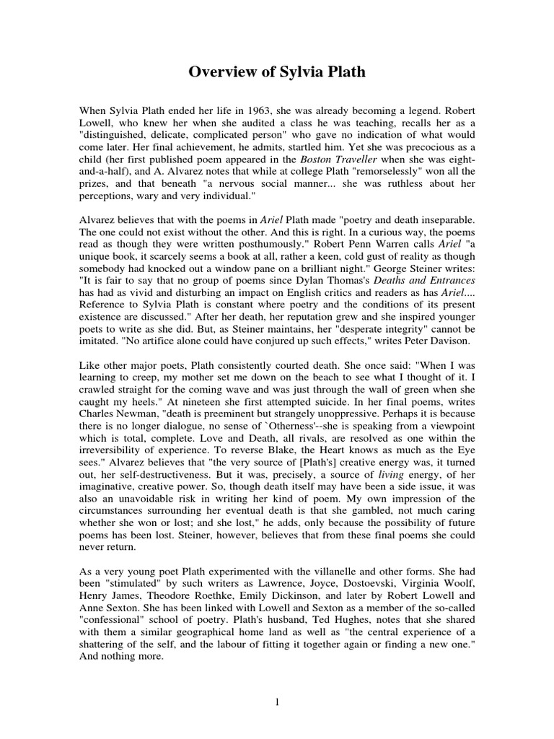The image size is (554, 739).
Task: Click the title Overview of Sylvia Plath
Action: pos(276,71)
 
